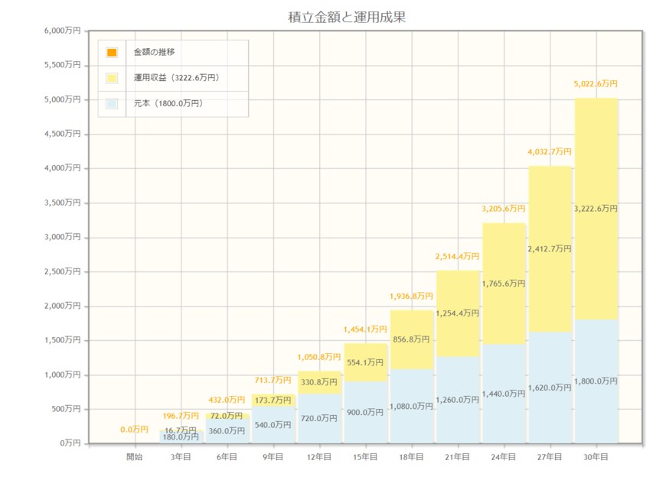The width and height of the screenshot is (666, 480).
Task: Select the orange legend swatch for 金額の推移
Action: click(112, 52)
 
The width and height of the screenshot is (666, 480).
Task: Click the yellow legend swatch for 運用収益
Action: click(112, 78)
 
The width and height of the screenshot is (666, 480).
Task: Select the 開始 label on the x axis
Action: click(135, 457)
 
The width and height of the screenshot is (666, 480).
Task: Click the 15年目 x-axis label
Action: click(365, 457)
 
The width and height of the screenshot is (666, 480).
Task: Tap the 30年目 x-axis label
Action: click(596, 457)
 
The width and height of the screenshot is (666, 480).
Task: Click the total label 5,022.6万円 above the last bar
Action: click(596, 84)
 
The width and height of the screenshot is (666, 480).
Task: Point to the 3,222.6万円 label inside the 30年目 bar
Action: click(596, 208)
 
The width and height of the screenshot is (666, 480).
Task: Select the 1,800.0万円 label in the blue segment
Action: click(596, 381)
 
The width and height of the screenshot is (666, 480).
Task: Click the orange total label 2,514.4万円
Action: click(458, 257)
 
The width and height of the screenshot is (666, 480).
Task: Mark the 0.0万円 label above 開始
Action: click(135, 430)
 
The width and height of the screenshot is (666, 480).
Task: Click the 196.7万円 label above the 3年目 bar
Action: click(181, 417)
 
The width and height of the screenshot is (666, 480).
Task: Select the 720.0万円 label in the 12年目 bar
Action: click(319, 418)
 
